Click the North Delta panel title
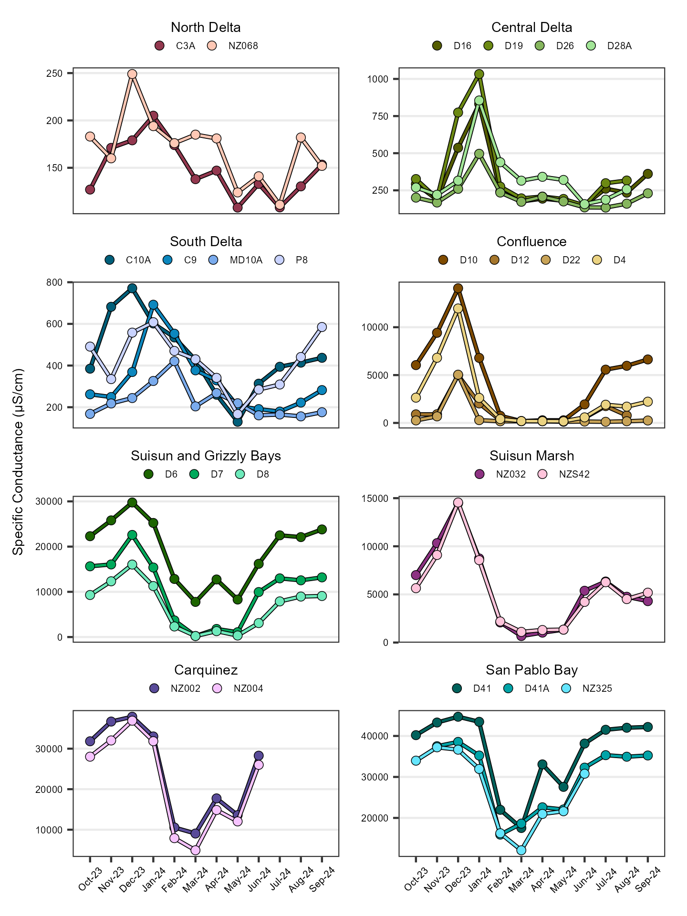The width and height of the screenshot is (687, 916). pyautogui.click(x=206, y=27)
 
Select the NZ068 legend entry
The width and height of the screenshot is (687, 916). pyautogui.click(x=234, y=46)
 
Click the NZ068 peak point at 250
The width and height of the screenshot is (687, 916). pyautogui.click(x=132, y=74)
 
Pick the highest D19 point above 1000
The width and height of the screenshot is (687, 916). pyautogui.click(x=479, y=74)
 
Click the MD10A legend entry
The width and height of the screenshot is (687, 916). pyautogui.click(x=236, y=260)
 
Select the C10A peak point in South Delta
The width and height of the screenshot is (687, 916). pyautogui.click(x=132, y=288)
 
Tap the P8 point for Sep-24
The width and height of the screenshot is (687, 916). pyautogui.click(x=322, y=327)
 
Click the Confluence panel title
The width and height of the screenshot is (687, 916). pyautogui.click(x=531, y=241)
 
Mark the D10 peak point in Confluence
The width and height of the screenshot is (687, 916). pyautogui.click(x=458, y=288)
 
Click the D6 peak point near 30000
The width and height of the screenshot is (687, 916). pyautogui.click(x=132, y=502)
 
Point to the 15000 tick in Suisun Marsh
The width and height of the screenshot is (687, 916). pyautogui.click(x=377, y=499)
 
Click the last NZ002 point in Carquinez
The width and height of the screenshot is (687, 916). pyautogui.click(x=259, y=756)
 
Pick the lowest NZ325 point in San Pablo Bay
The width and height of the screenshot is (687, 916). pyautogui.click(x=521, y=850)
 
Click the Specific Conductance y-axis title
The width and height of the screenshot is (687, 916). pyautogui.click(x=18, y=461)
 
